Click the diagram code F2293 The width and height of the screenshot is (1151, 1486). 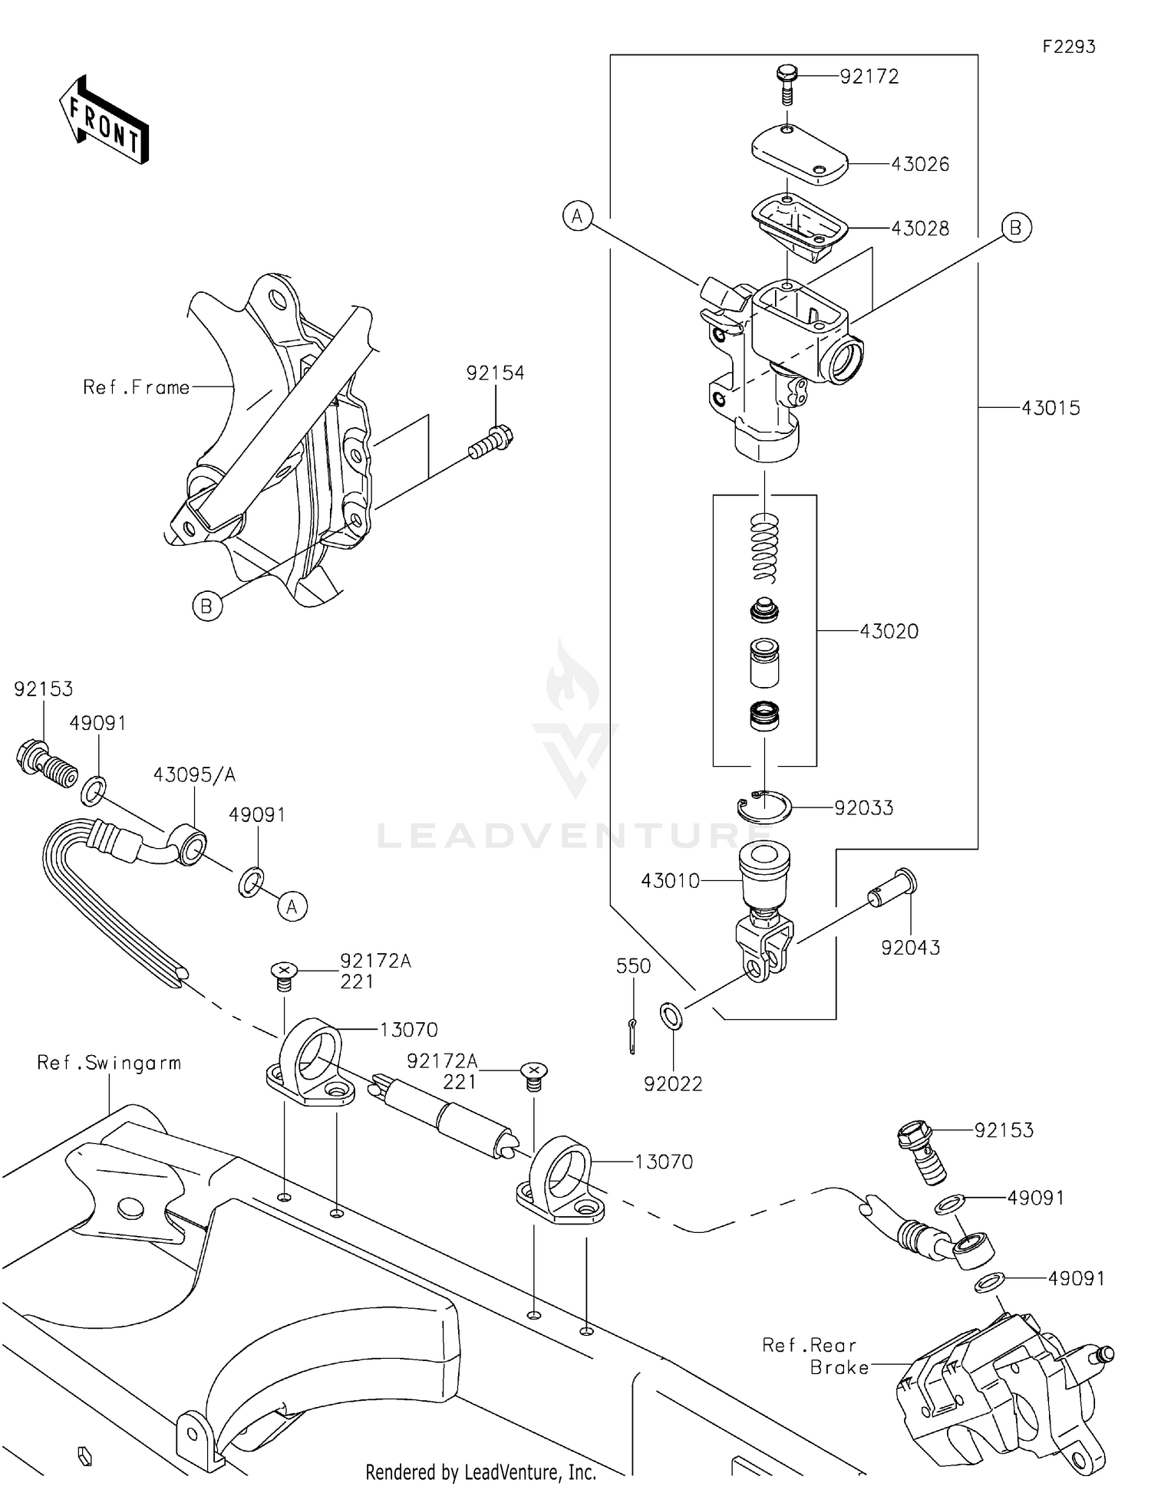pos(1069,47)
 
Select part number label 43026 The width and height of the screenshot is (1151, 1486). pos(920,164)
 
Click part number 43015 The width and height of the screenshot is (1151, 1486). pos(1050,408)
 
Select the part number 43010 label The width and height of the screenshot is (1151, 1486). pos(671,881)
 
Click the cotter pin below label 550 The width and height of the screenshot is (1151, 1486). pos(632,1036)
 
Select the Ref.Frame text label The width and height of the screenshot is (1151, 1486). pos(137,387)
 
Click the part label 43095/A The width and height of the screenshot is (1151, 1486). pos(194,774)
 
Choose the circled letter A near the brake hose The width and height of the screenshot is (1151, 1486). pos(292,907)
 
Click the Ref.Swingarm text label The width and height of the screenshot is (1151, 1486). pos(109,1063)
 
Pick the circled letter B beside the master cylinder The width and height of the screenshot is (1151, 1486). pos(1016,228)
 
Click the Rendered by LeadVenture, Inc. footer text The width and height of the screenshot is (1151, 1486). pos(480,1471)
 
